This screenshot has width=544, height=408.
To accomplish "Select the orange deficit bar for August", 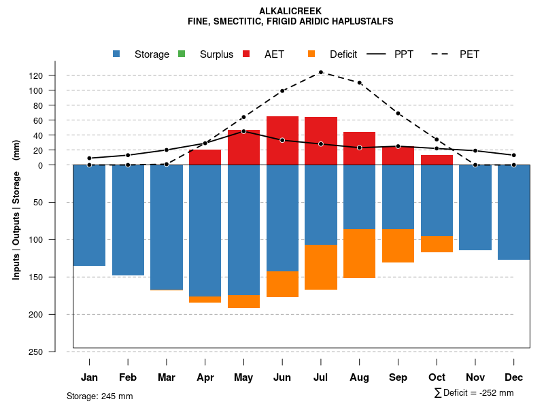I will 359,254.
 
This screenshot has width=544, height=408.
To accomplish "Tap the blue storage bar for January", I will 89,215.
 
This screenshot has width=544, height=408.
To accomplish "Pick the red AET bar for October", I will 437,160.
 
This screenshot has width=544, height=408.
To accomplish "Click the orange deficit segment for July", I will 321,267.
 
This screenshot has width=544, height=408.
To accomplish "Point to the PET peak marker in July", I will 321,72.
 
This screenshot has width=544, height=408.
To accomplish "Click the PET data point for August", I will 360,83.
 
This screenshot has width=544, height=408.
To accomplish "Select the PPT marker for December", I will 514,155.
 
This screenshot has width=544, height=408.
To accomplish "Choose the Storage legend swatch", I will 116,54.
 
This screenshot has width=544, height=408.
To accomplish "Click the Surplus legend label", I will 216,54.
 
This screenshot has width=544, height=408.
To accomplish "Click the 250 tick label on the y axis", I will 55,352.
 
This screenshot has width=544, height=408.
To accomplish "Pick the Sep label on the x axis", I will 398,377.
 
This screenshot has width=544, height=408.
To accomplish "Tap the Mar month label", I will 167,377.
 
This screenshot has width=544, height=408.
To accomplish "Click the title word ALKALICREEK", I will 290,11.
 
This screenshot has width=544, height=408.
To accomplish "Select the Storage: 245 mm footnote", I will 99,396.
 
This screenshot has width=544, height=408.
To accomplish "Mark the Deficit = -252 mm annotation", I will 474,393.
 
